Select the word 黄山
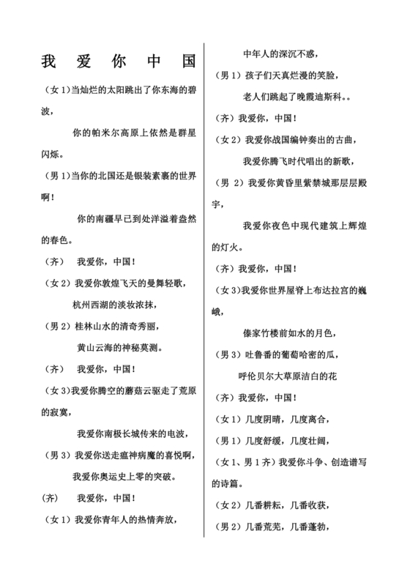tap(86, 346)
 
